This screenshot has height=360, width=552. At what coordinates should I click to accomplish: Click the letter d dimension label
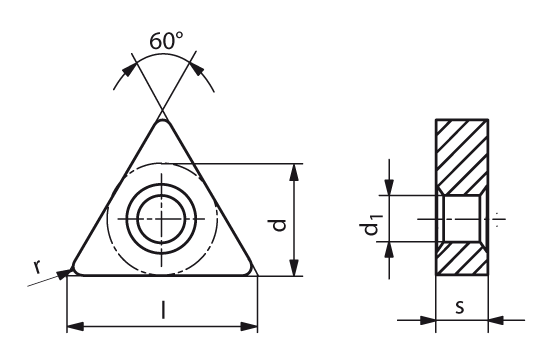click(x=280, y=225)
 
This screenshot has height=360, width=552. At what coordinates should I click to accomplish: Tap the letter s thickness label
click(x=460, y=307)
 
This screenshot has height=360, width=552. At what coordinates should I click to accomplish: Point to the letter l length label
click(x=163, y=310)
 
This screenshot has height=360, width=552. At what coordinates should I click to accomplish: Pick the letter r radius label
click(x=37, y=267)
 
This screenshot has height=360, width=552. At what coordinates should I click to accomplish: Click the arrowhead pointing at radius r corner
click(x=63, y=273)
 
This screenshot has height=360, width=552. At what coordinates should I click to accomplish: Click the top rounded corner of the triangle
click(x=162, y=121)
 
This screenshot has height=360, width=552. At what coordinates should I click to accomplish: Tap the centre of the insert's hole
click(x=162, y=219)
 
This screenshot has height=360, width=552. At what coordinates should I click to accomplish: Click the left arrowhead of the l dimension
click(x=75, y=327)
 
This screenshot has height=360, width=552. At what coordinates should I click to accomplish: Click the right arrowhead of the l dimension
click(x=249, y=327)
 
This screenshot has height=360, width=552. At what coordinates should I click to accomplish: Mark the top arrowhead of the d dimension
click(x=294, y=172)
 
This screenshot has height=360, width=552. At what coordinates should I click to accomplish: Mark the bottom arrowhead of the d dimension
click(x=294, y=267)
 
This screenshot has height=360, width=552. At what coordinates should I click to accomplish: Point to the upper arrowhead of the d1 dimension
click(x=389, y=187)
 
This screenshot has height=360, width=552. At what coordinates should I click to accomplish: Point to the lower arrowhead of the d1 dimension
click(x=389, y=250)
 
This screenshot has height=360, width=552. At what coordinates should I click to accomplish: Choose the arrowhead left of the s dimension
click(x=427, y=320)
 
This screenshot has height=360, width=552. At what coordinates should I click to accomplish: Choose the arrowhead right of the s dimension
click(x=496, y=320)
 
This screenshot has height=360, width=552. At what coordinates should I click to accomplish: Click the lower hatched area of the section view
click(x=462, y=259)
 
